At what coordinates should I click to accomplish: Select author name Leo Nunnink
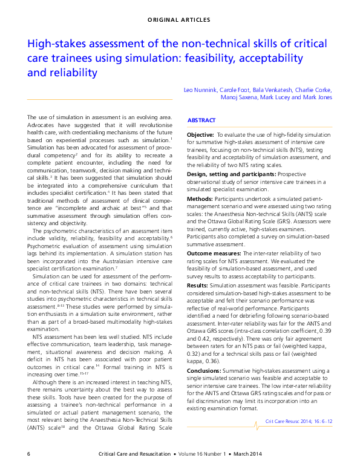tap(201, 90)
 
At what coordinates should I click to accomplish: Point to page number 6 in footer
tap(29, 454)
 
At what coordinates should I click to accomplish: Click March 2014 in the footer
tap(315, 454)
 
